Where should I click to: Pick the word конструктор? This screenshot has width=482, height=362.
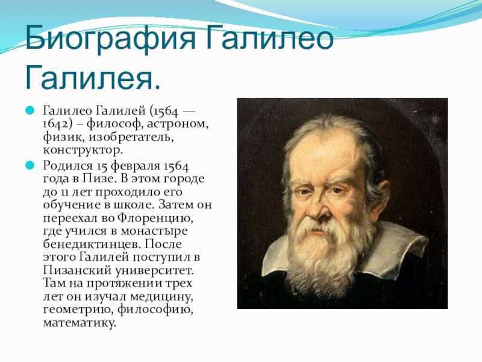click(83, 150)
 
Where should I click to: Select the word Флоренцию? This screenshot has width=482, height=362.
click(155, 218)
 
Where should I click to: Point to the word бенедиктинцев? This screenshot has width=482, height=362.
click(92, 244)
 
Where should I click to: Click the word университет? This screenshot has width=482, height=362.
click(155, 271)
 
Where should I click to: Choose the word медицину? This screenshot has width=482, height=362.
click(161, 297)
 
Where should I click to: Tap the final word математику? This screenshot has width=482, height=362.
click(80, 323)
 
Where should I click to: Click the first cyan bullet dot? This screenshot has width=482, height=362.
click(30, 110)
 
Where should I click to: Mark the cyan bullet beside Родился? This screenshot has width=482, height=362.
click(30, 165)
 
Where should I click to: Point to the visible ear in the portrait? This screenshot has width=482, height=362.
click(382, 191)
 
